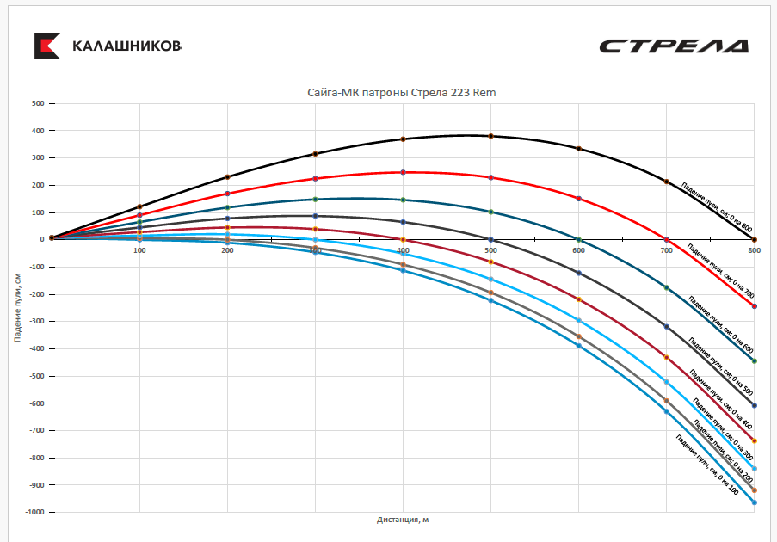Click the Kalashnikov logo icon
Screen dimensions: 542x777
[46, 46]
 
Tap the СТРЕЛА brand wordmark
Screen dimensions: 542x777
[673, 46]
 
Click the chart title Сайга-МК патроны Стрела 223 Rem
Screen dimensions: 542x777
[402, 92]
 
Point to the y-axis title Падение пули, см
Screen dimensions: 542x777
[16, 307]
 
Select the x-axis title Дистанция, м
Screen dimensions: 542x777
[402, 520]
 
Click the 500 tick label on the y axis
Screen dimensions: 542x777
[37, 103]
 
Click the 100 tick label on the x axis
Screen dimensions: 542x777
[139, 250]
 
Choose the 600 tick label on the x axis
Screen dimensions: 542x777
[578, 250]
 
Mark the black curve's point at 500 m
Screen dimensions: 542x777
[490, 136]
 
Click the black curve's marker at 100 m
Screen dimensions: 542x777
[139, 206]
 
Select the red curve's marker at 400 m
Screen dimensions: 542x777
[403, 172]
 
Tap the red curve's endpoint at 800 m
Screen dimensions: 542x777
[754, 306]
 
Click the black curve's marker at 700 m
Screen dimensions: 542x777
[666, 182]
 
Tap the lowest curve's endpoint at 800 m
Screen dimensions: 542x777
[754, 502]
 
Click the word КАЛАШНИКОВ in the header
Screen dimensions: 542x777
[126, 46]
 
